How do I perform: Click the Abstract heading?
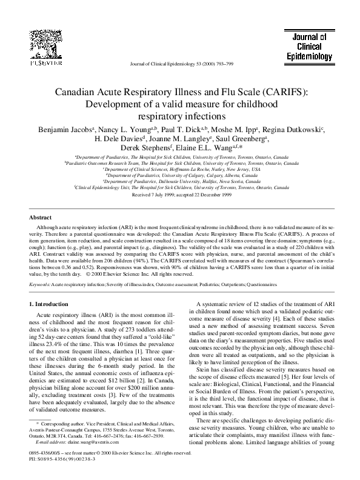tap(42, 217)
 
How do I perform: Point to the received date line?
tap(180, 198)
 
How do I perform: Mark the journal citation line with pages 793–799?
tap(180, 64)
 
